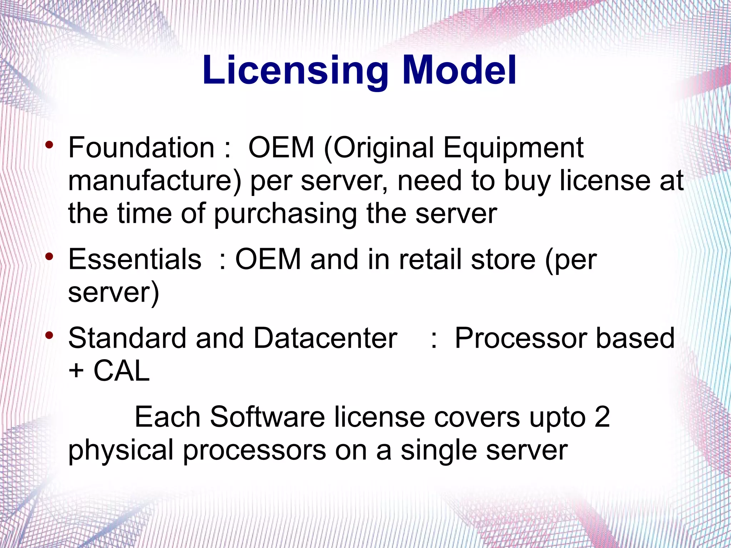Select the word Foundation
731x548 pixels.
point(141,148)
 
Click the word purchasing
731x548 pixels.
point(286,214)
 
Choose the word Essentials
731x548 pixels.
point(135,259)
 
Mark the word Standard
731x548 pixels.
point(127,338)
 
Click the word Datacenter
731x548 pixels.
point(325,338)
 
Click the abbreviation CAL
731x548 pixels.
point(121,371)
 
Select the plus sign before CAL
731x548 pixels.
point(76,372)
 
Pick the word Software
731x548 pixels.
point(267,417)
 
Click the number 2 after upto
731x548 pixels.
point(602,417)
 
